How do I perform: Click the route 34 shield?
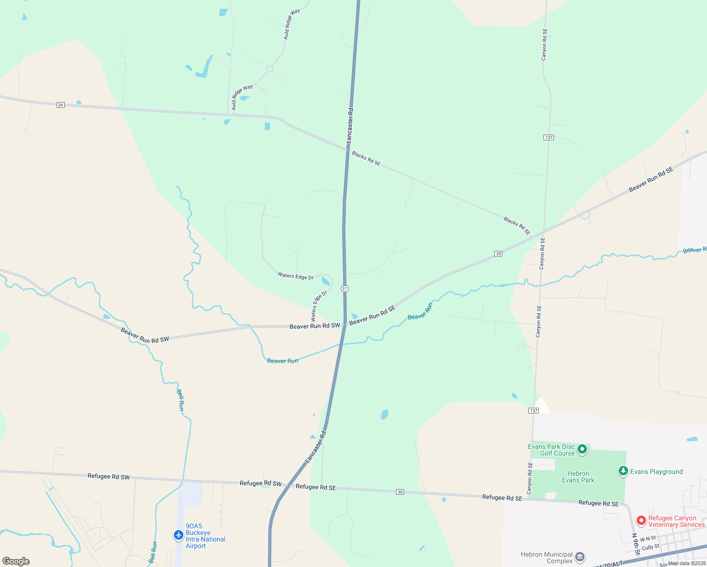click(x=60, y=104)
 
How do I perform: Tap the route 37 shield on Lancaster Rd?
click(x=345, y=289)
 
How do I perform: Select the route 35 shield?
click(x=498, y=254)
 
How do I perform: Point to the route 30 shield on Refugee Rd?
click(x=400, y=492)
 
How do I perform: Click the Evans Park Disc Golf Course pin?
click(x=582, y=449)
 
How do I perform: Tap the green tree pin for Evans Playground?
click(x=623, y=471)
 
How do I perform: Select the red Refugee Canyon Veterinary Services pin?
click(x=641, y=521)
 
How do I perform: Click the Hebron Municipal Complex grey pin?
click(x=580, y=557)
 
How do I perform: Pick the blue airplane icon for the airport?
click(x=178, y=535)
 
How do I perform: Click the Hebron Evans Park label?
click(x=578, y=477)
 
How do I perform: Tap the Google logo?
click(x=16, y=561)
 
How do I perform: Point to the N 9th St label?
click(x=636, y=544)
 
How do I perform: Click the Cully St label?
click(x=650, y=547)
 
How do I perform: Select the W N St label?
click(x=648, y=539)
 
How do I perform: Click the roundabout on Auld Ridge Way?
click(x=270, y=69)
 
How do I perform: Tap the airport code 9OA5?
click(x=194, y=526)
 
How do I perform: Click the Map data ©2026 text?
click(x=687, y=563)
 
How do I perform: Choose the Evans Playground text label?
click(x=656, y=472)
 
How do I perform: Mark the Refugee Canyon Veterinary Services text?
click(x=676, y=521)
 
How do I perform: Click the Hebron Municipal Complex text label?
click(x=546, y=558)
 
